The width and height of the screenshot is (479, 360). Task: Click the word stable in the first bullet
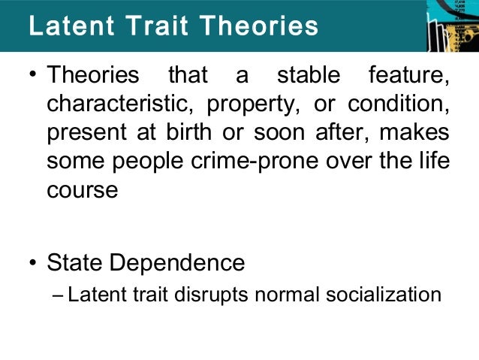pyautogui.click(x=309, y=76)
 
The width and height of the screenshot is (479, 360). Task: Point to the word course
pyautogui.click(x=82, y=190)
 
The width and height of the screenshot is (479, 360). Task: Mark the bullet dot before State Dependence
pyautogui.click(x=34, y=263)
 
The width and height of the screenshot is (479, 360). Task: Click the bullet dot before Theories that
pyautogui.click(x=34, y=77)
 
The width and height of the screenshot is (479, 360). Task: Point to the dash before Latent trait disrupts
pyautogui.click(x=60, y=294)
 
